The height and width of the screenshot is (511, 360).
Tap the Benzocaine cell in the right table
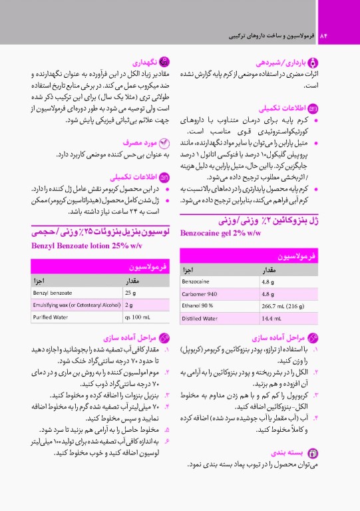[198, 281]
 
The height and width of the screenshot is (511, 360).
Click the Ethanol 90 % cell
[198, 306]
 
